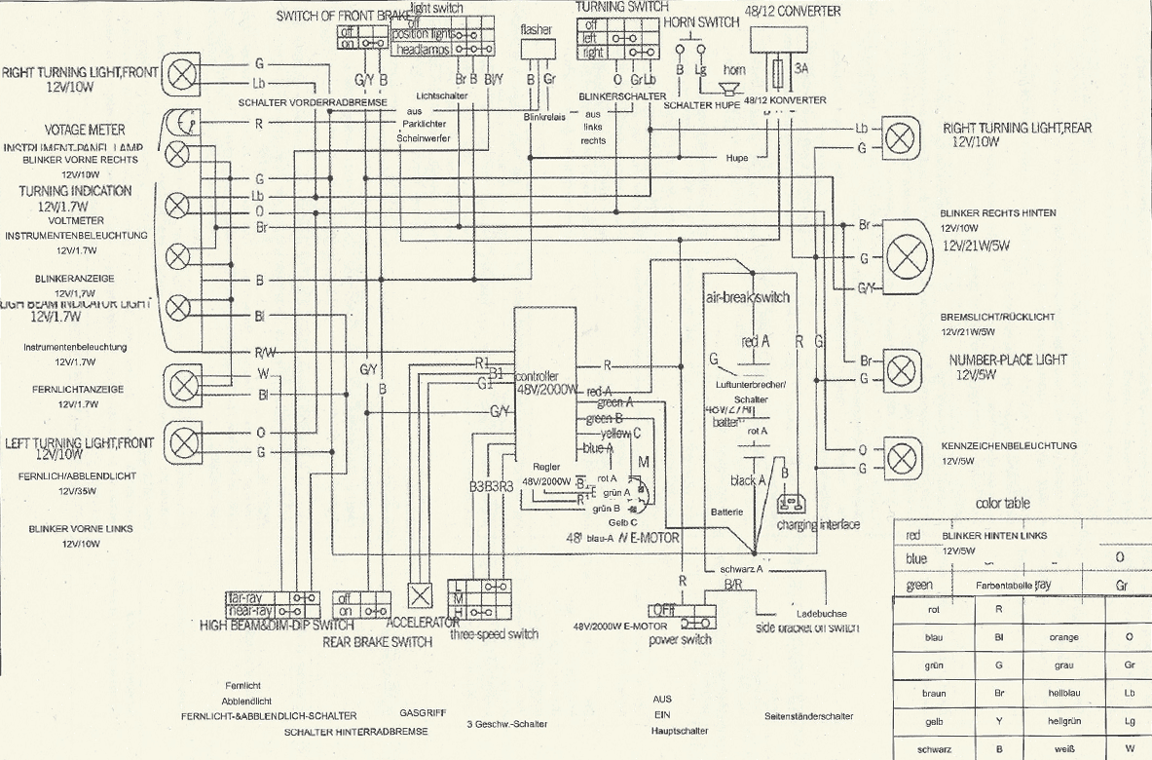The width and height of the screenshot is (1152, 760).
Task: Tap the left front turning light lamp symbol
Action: click(x=181, y=440)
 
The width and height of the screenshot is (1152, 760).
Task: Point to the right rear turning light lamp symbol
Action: click(x=896, y=136)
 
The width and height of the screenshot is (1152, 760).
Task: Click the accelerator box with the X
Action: click(x=420, y=596)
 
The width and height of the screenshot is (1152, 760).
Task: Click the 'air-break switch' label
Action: click(x=746, y=297)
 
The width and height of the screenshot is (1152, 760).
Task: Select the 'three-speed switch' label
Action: click(x=494, y=634)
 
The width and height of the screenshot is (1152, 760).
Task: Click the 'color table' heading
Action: click(x=1002, y=504)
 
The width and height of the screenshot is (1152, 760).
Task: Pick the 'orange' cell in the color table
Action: click(x=1063, y=637)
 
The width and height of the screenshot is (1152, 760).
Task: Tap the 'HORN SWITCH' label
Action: click(x=701, y=22)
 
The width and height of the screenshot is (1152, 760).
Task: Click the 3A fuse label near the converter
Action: click(x=801, y=69)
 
